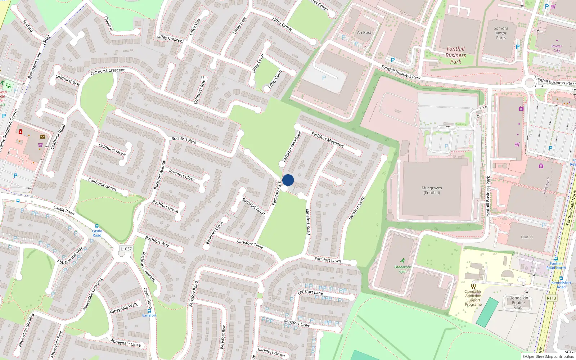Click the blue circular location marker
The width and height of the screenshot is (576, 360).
click(x=288, y=180)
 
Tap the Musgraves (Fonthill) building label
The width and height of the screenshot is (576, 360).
click(x=432, y=190)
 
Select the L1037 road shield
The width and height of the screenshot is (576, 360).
click(x=126, y=249)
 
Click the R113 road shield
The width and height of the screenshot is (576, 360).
click(x=551, y=298)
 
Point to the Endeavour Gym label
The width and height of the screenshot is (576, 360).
click(x=402, y=269)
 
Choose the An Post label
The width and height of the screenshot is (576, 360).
click(x=364, y=32)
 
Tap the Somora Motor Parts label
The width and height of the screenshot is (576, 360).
click(x=501, y=33)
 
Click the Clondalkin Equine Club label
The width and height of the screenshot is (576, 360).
click(x=518, y=302)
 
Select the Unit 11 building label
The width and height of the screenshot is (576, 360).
click(x=527, y=237)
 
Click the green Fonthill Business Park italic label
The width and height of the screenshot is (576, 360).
click(x=455, y=55)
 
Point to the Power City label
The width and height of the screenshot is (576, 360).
click(x=557, y=48)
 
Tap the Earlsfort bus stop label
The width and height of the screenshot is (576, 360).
click(x=149, y=315)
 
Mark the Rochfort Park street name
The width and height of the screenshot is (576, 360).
click(x=184, y=140)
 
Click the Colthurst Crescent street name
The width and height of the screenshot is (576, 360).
click(x=108, y=72)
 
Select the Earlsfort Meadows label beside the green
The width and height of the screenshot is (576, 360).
click(x=292, y=147)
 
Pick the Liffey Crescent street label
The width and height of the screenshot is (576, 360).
click(x=170, y=39)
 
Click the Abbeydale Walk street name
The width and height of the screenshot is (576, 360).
click(x=123, y=308)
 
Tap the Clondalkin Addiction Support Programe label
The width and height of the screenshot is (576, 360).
click(x=473, y=298)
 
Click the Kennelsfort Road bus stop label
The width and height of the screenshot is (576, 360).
click(x=561, y=284)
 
